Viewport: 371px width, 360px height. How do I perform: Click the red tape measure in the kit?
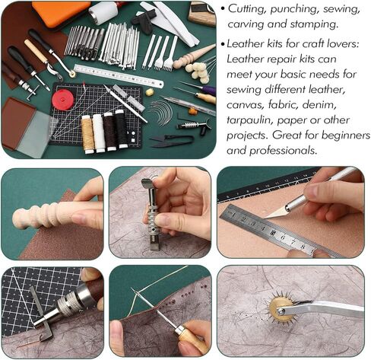[63, 100]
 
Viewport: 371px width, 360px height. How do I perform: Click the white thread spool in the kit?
[98, 130]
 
